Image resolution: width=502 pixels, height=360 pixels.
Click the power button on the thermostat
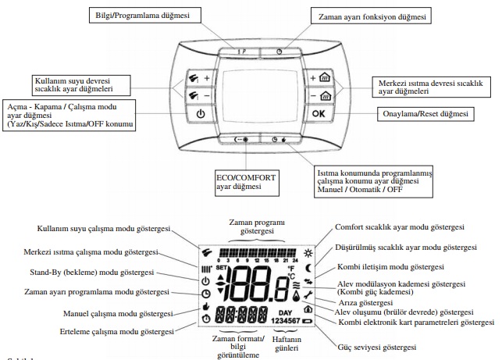[201, 112]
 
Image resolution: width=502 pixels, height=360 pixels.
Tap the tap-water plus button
[199, 78]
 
